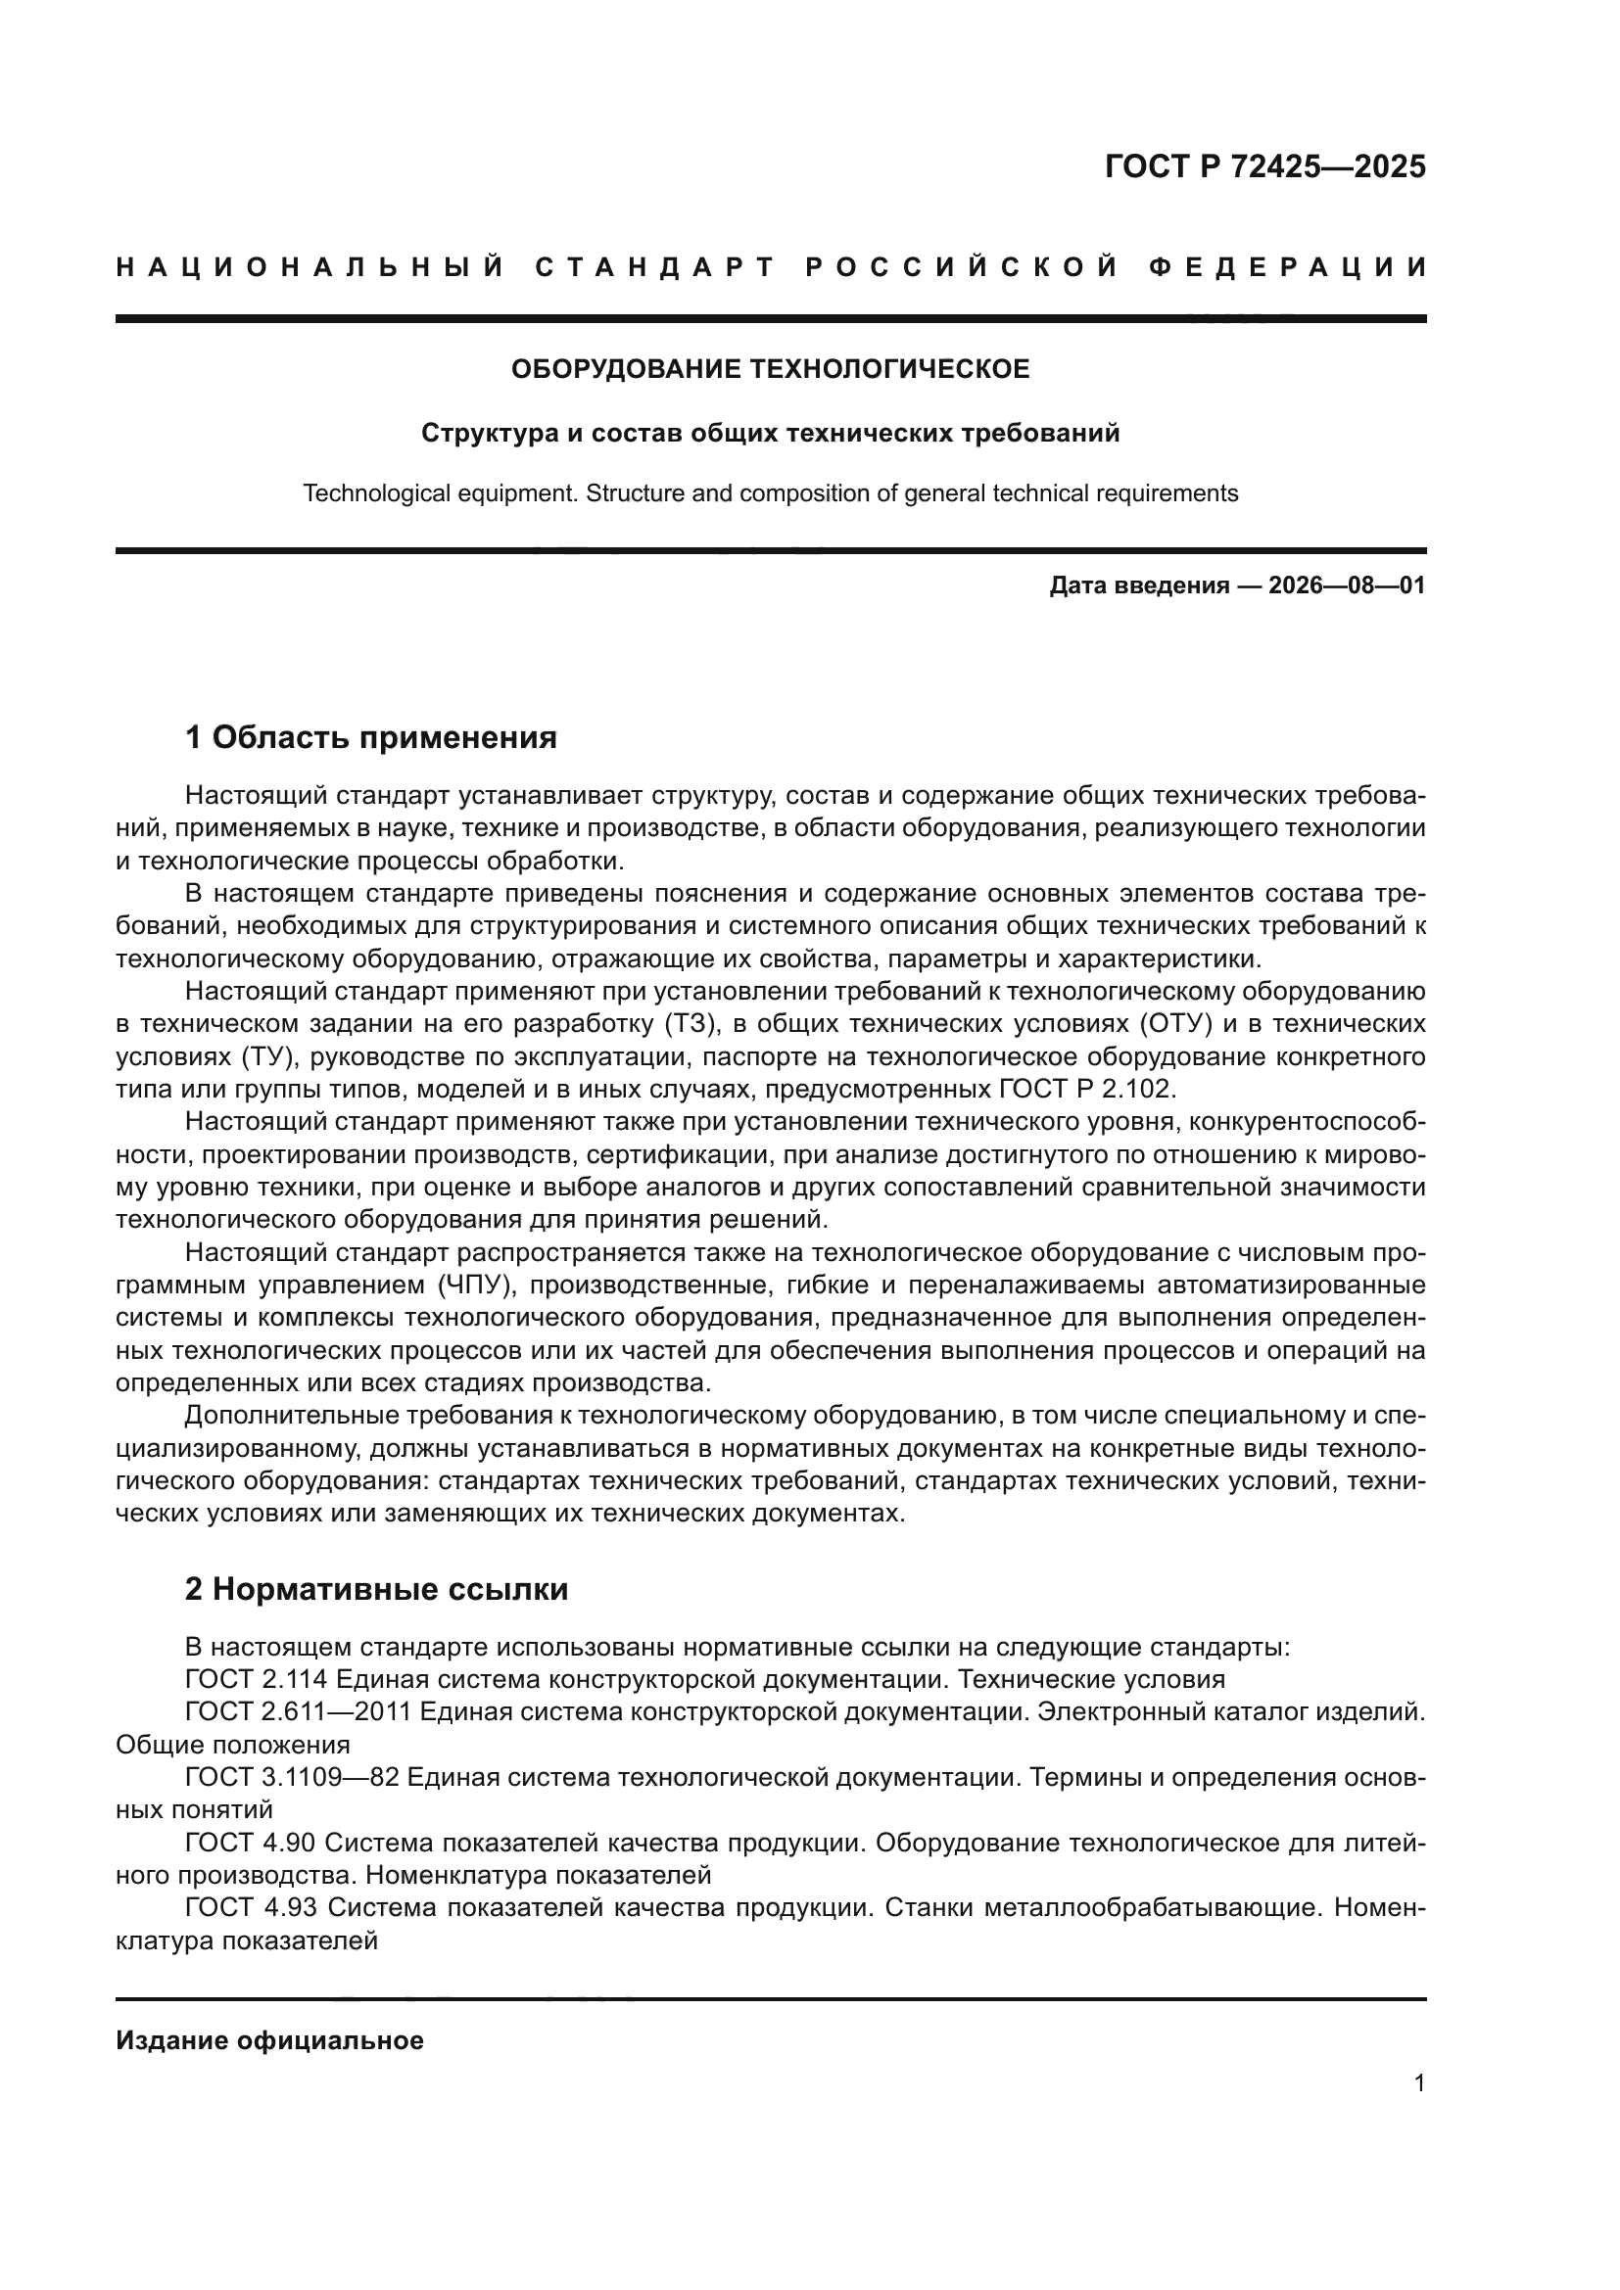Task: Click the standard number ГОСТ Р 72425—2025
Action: (x=1264, y=166)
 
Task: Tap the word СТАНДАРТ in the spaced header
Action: (x=654, y=267)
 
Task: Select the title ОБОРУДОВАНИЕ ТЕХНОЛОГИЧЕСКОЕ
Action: (x=770, y=369)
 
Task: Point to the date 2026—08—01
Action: (x=1347, y=585)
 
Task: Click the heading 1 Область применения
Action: (x=370, y=738)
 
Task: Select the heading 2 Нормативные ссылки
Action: (x=376, y=1589)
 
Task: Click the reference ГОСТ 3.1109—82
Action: (x=291, y=1777)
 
